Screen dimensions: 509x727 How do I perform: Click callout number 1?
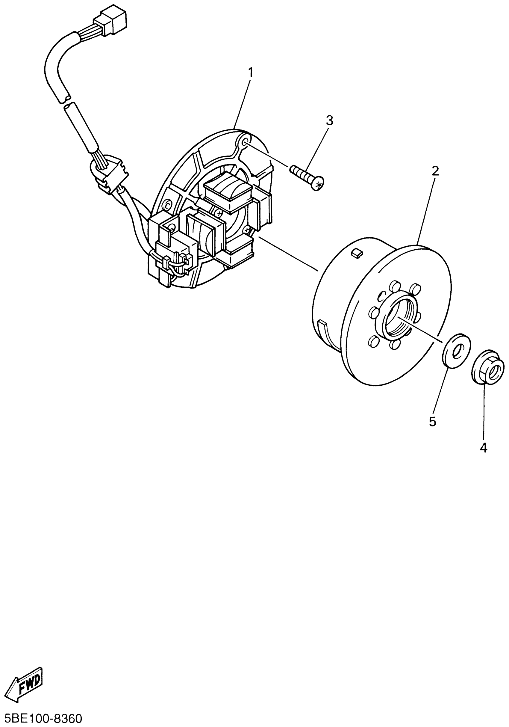(x=251, y=73)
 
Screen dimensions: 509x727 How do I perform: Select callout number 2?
(x=435, y=171)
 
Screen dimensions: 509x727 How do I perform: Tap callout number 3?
(x=330, y=121)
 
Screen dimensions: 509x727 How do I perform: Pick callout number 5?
(x=432, y=421)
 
